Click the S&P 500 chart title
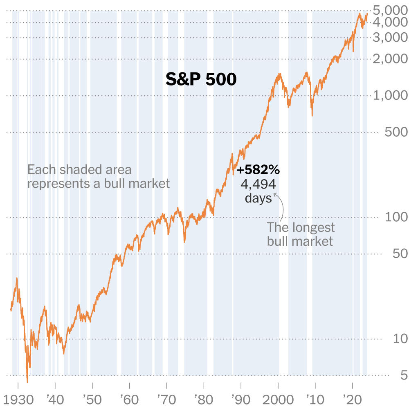pos(201,79)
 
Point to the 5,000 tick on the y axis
pos(390,9)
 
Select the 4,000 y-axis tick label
pos(390,22)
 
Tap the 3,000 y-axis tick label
pos(390,38)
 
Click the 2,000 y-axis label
pos(390,59)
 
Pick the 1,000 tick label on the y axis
pos(390,96)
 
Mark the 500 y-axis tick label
pos(396,132)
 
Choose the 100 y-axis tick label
pos(396,217)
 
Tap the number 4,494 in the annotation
pos(258,184)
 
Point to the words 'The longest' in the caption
pos(301,227)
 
